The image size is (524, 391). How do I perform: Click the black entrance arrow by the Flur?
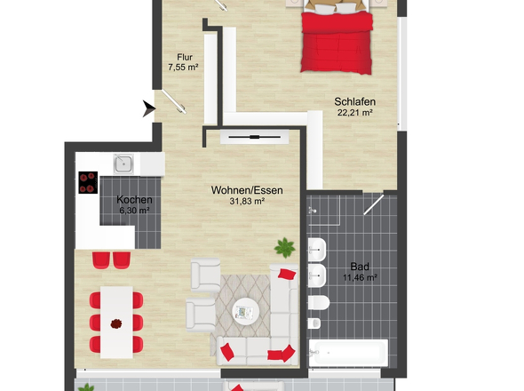pos(149,109)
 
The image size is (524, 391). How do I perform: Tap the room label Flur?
pos(183,57)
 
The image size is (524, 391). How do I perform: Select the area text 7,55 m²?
pos(183,67)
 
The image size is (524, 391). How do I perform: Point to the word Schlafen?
pos(353,101)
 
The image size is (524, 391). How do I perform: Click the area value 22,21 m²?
pos(353,113)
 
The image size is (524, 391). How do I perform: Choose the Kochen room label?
pos(134,200)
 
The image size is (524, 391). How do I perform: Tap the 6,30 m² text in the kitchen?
pos(134,211)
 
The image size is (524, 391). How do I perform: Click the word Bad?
pos(359,266)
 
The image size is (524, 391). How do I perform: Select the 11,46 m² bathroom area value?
pos(359,277)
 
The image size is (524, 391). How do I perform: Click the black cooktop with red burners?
pos(88,182)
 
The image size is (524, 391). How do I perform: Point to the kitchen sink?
pos(123,164)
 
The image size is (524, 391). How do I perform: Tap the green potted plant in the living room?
pos(283,245)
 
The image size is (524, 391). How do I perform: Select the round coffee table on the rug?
pos(244,312)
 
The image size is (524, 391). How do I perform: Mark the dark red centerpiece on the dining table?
pos(115,324)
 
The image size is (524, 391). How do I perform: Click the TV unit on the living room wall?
pos(254,137)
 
